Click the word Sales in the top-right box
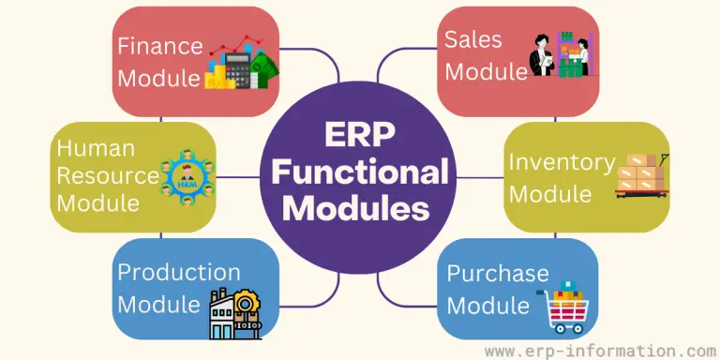click(x=474, y=39)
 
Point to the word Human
click(x=96, y=148)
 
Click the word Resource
click(x=107, y=174)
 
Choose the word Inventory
click(x=562, y=162)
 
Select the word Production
click(x=178, y=273)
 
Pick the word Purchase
click(x=498, y=274)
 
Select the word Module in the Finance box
click(x=158, y=77)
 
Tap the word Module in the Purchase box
click(x=488, y=305)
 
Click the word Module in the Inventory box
click(x=550, y=194)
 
